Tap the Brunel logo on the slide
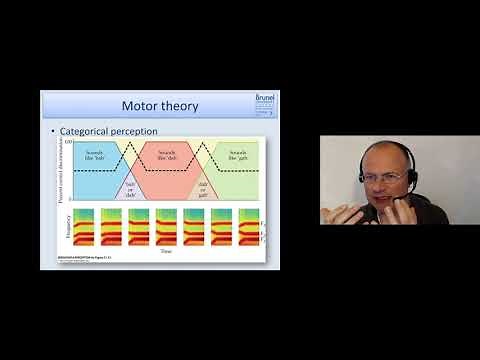coord(265,103)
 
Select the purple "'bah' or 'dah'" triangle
coord(127,188)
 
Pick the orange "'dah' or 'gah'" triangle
coord(203,187)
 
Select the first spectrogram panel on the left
coord(84,227)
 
